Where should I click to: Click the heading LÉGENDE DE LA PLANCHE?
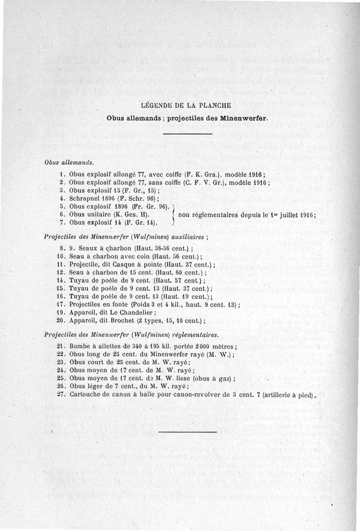tap(186, 106)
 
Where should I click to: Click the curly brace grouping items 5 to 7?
tap(173, 214)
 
